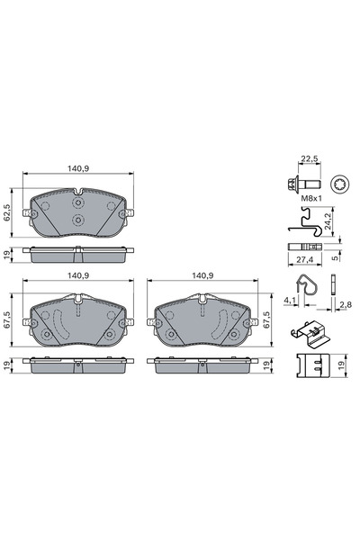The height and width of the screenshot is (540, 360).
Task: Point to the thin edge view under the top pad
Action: coord(77,255)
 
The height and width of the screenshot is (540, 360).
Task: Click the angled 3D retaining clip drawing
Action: coord(311,335)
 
